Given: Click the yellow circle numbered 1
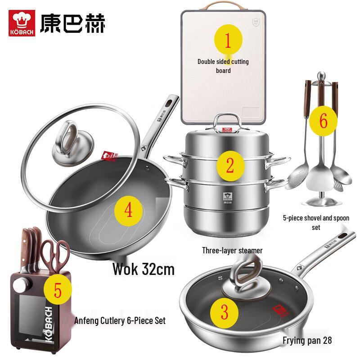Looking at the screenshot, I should (x=227, y=40).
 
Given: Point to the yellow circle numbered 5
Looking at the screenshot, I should (x=58, y=290).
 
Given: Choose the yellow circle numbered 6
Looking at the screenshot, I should (x=327, y=121).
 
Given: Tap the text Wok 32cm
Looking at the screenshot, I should (x=143, y=269).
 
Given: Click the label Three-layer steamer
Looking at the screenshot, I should (x=232, y=250).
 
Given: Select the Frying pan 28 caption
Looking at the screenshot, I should (x=307, y=340).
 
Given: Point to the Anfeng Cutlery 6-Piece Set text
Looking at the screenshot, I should (x=120, y=321).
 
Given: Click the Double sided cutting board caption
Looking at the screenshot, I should (x=223, y=66).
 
